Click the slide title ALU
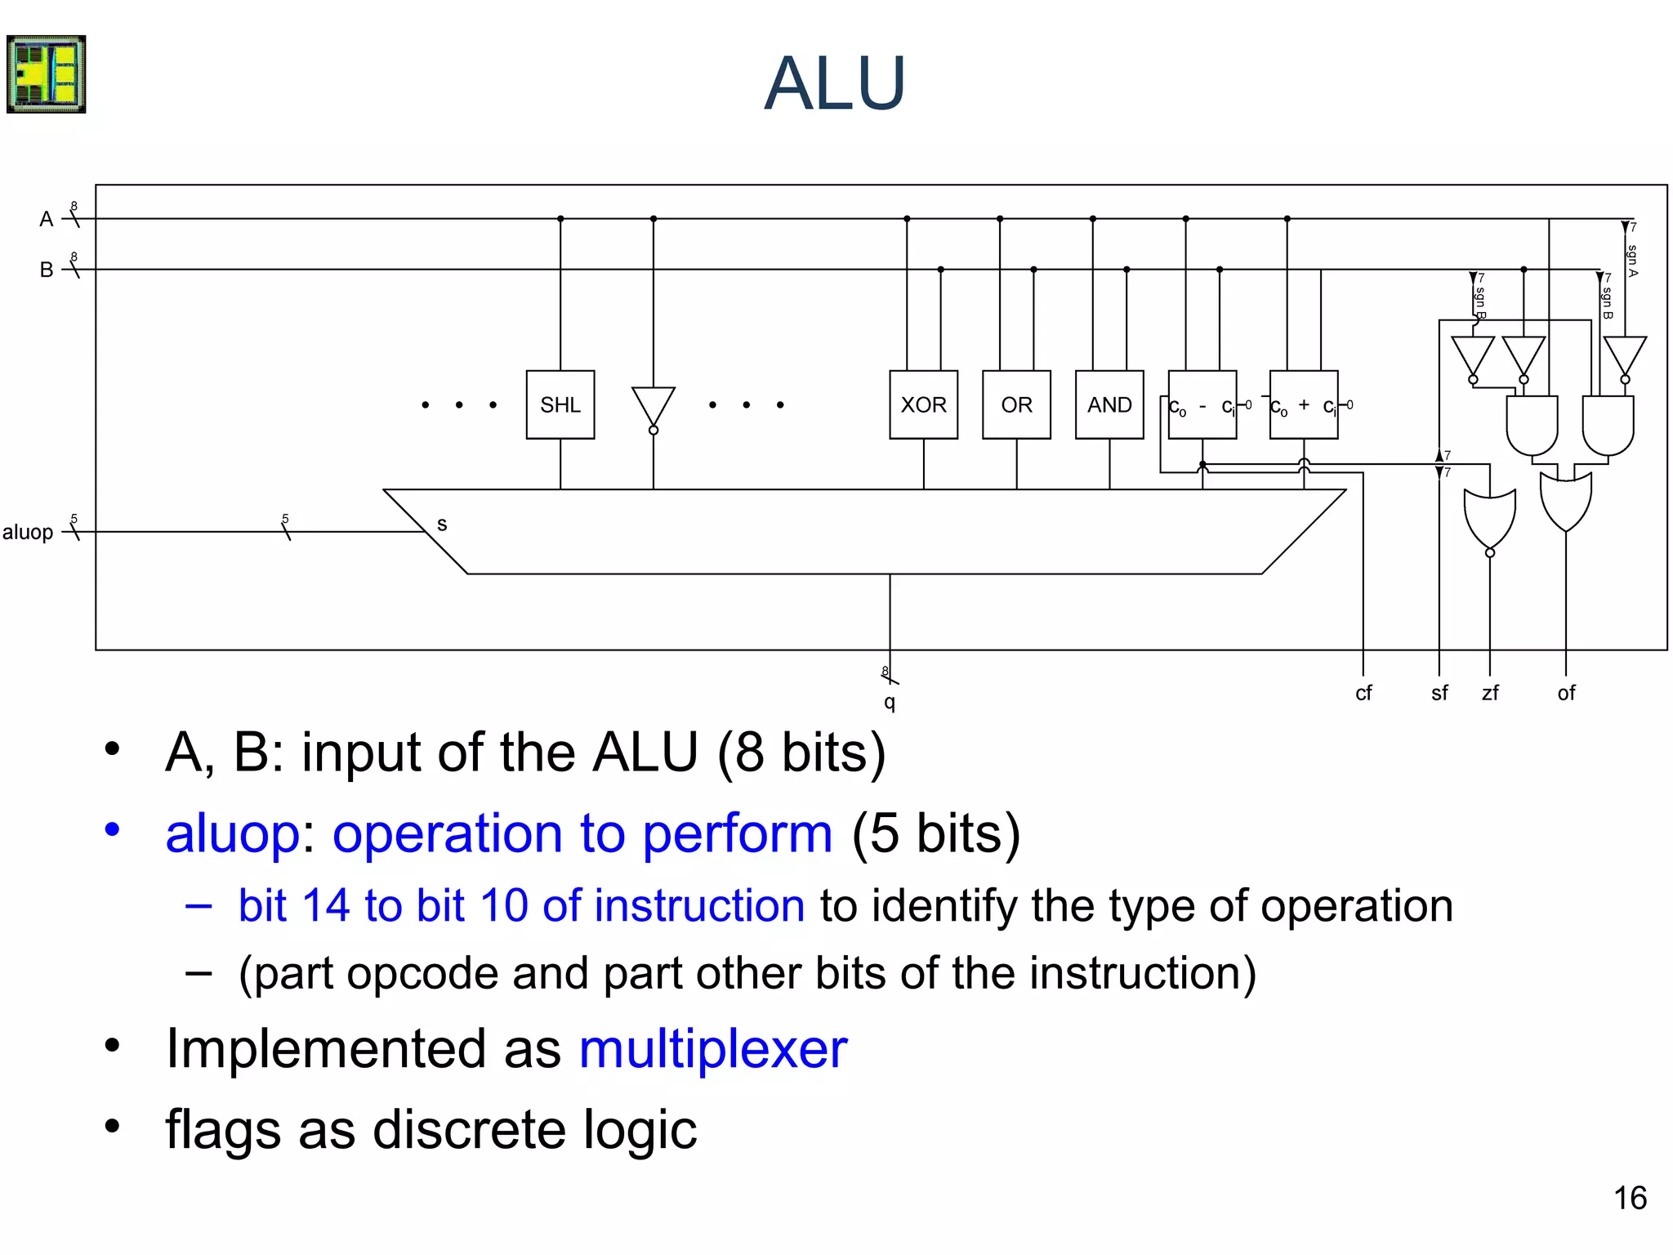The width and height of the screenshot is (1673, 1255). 834,83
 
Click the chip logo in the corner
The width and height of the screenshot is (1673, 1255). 47,74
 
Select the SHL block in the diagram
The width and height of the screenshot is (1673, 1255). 560,404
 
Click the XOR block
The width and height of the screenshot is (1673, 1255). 923,404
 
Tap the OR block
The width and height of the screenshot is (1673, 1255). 1016,404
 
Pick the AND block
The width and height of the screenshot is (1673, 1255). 1109,404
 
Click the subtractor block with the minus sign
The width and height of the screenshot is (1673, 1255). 1202,405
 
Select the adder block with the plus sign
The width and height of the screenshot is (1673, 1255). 1304,405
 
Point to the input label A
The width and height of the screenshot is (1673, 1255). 47,219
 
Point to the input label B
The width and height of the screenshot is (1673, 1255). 47,270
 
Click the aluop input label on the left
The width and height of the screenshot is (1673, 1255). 28,532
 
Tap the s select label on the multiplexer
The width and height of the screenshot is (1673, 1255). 442,525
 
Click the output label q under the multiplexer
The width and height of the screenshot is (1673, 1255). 890,702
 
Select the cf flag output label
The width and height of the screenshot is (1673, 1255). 1363,693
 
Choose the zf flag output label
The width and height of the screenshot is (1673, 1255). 1490,693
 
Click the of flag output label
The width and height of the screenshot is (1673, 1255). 1566,693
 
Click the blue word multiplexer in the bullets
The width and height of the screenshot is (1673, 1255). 712,1048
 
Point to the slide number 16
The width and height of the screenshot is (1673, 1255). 1630,1198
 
